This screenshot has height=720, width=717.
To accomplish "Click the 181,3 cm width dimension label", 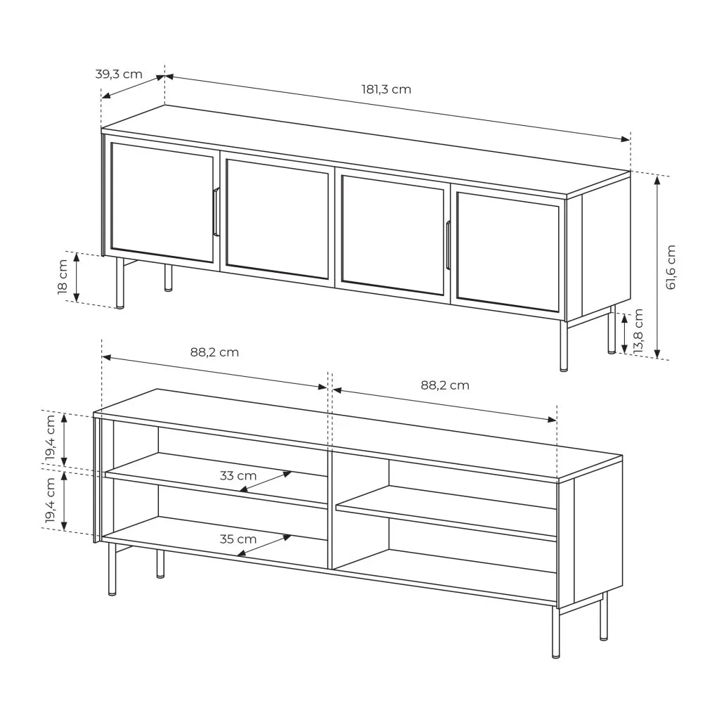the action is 386,89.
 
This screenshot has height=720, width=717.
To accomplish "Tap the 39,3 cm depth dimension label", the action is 119,74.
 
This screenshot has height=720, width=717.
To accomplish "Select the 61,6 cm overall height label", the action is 671,266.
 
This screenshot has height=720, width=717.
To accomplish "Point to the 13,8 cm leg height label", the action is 638,331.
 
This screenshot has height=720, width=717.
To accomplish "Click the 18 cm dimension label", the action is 63,277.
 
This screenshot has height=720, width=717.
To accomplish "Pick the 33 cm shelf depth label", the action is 238,476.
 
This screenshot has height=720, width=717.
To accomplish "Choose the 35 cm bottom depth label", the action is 238,539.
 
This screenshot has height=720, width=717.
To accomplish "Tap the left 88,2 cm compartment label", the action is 214,352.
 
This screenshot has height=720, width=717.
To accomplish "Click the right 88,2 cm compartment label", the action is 445,385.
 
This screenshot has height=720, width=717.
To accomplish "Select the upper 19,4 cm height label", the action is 50,437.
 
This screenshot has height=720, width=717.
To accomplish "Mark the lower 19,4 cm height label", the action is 50,500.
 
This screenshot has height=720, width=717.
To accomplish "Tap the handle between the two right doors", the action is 448,245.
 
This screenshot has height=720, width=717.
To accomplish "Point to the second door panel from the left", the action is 278,219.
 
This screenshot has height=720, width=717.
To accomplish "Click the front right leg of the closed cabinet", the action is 564,345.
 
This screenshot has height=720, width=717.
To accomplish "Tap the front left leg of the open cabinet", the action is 112,570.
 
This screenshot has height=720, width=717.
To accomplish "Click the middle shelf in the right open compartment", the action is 446,513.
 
